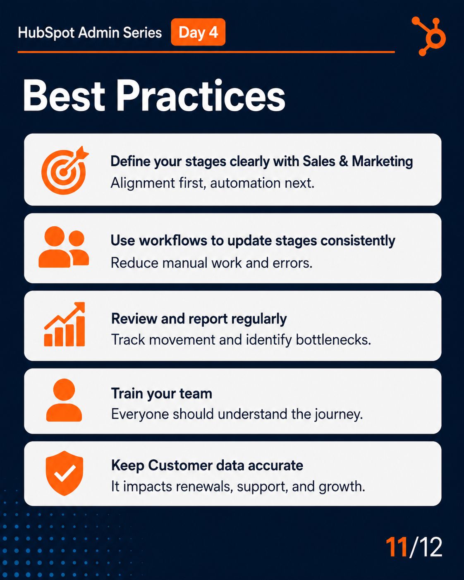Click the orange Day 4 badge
(x=198, y=32)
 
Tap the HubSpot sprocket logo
(x=429, y=36)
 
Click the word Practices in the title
(x=201, y=96)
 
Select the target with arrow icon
(x=65, y=170)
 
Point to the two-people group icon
(x=64, y=247)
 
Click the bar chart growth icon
(x=65, y=324)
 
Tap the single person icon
(x=64, y=400)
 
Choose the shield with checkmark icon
(x=65, y=473)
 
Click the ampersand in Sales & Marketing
(x=343, y=161)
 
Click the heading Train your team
(x=162, y=393)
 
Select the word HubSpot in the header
(x=46, y=33)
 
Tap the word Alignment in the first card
(x=143, y=183)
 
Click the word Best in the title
(x=64, y=96)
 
